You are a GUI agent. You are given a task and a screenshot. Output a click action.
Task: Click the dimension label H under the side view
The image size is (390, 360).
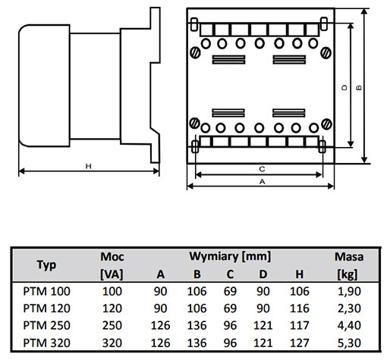click(88, 166)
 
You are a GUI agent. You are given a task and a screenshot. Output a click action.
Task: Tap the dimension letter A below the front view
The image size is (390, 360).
click(263, 181)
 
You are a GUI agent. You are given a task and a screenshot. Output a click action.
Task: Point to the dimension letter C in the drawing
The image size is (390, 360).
click(262, 169)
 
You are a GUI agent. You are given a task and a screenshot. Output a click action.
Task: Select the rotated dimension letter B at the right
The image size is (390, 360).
click(359, 87)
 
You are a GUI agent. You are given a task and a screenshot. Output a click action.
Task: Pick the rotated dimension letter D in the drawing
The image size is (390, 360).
click(344, 87)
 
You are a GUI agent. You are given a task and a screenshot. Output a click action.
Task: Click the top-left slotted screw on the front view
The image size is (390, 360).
click(195, 53)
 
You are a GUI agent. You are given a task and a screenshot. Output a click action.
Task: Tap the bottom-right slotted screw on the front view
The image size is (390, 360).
click(326, 124)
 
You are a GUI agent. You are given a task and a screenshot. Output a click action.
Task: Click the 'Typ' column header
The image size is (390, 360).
click(46, 265)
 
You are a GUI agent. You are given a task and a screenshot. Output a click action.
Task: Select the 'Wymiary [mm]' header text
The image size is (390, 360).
click(230, 256)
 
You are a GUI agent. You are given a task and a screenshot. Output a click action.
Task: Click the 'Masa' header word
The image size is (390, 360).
click(349, 257)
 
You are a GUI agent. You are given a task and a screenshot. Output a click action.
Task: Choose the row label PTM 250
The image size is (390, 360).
click(46, 325)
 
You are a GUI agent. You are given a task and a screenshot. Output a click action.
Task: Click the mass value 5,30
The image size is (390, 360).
click(349, 343)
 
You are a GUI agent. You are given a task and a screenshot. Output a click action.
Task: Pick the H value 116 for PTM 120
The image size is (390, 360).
click(300, 308)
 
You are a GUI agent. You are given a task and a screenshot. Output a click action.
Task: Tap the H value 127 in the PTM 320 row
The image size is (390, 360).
click(300, 343)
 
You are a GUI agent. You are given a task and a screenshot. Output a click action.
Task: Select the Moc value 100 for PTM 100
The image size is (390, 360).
click(112, 291)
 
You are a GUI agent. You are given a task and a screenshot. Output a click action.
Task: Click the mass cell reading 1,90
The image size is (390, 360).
click(349, 291)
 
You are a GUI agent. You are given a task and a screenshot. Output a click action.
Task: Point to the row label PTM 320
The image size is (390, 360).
click(46, 343)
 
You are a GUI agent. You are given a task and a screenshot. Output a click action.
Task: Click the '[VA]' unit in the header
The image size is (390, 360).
click(112, 274)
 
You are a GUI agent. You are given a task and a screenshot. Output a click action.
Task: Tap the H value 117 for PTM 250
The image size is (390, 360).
click(300, 325)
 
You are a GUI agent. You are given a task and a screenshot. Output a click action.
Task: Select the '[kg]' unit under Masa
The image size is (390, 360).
click(348, 274)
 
